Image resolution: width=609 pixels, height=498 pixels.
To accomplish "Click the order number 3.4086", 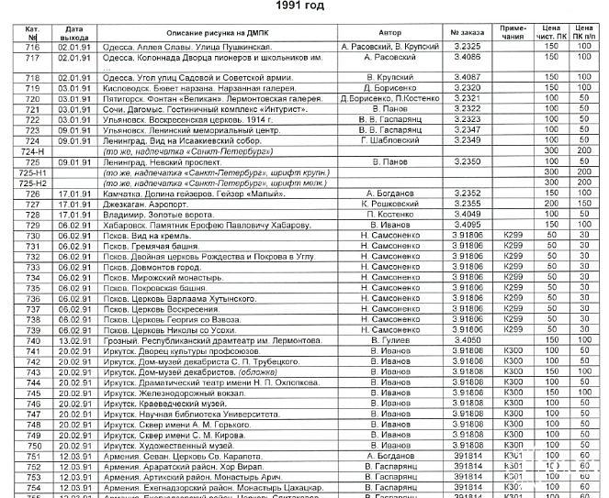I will coord(468,57).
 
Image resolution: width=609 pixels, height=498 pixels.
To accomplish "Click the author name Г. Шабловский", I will coord(383,140).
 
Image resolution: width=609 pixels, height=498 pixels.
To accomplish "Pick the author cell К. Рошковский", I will coord(383,203).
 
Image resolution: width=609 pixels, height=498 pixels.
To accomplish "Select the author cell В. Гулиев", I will coord(383,339).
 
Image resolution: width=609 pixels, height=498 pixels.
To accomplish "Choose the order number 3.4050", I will coord(468,339).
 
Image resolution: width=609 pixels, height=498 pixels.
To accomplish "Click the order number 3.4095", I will coord(468,224).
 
